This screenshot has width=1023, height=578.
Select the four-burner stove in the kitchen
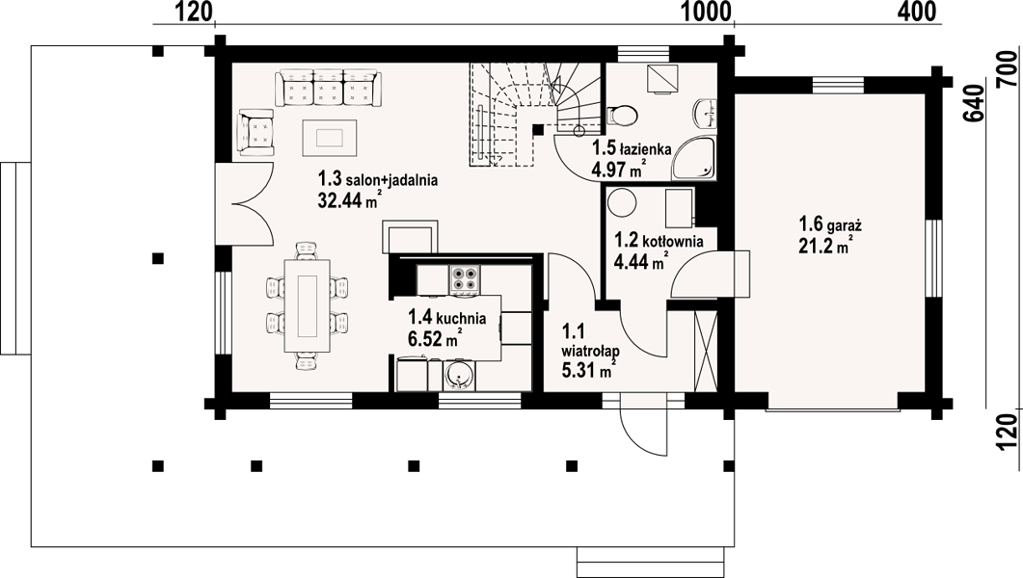(464, 278)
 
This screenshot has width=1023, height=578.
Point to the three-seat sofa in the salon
(328, 89)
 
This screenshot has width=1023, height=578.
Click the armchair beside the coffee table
(257, 132)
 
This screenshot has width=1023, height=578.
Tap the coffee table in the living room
(330, 138)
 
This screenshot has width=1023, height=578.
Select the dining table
(307, 305)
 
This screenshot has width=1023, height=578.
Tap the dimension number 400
(917, 11)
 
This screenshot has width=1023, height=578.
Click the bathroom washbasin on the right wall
(707, 112)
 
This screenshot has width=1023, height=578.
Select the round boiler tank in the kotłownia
(623, 202)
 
